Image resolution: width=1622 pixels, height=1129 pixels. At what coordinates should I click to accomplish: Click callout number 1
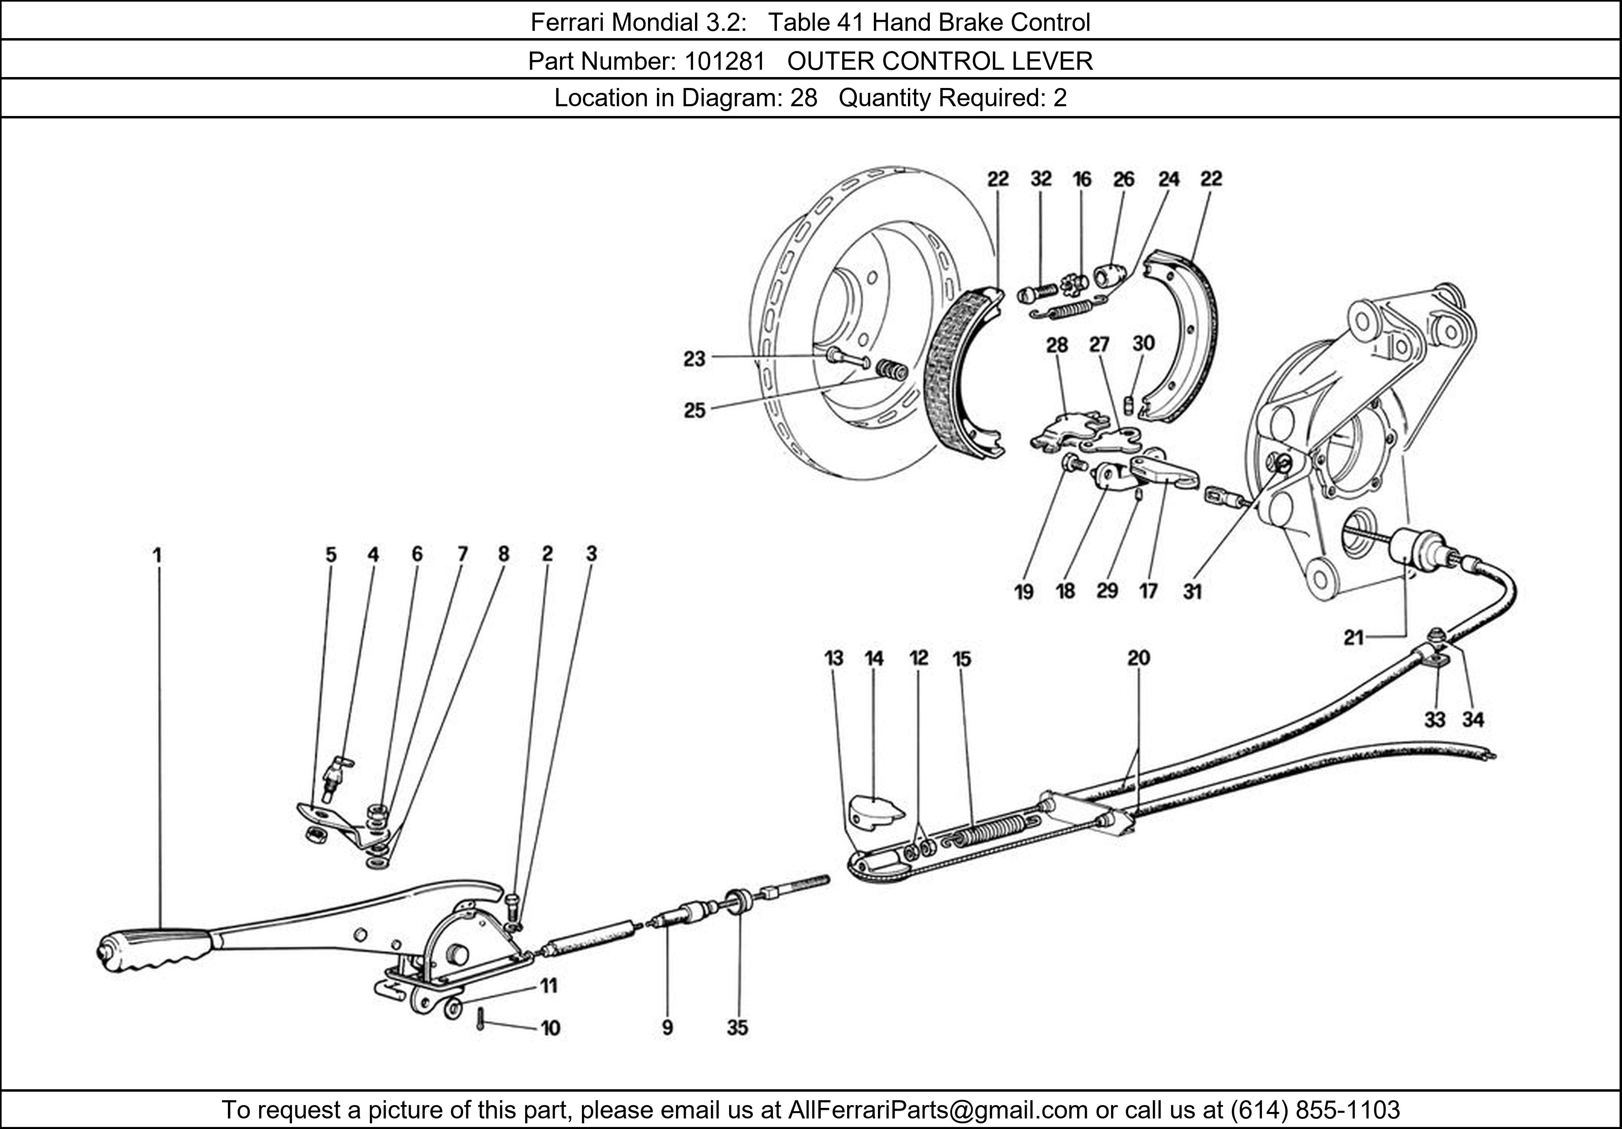(158, 555)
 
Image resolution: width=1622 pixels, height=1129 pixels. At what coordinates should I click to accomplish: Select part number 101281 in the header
(724, 62)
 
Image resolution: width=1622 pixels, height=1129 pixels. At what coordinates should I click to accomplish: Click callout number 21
(1353, 638)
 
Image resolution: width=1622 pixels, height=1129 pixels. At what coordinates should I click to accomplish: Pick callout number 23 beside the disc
(695, 359)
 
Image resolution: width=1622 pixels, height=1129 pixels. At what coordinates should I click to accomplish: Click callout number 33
(1434, 720)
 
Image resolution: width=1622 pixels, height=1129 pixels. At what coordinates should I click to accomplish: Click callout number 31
(1193, 591)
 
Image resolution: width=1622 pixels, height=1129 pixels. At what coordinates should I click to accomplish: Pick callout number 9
(667, 1028)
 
